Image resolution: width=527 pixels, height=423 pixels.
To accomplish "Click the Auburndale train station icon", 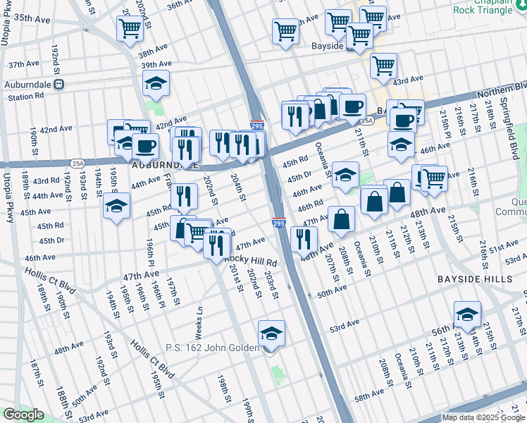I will pyautogui.click(x=59, y=84).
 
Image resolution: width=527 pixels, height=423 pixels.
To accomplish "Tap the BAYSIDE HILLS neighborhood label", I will pyautogui.click(x=480, y=279).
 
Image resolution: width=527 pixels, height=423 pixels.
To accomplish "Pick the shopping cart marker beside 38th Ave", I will pyautogui.click(x=130, y=29).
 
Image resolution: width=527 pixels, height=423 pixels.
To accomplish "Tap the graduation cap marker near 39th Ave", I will pyautogui.click(x=156, y=84).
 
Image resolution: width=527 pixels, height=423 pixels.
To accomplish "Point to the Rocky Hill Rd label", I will pyautogui.click(x=251, y=260).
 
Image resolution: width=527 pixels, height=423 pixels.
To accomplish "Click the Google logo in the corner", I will pyautogui.click(x=23, y=415).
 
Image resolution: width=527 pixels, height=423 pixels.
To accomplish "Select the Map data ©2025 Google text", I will pyautogui.click(x=483, y=417).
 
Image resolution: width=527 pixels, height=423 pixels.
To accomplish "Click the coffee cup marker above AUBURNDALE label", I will pyautogui.click(x=146, y=146).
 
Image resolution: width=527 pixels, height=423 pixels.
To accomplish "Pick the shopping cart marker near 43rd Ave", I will pyautogui.click(x=383, y=66).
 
